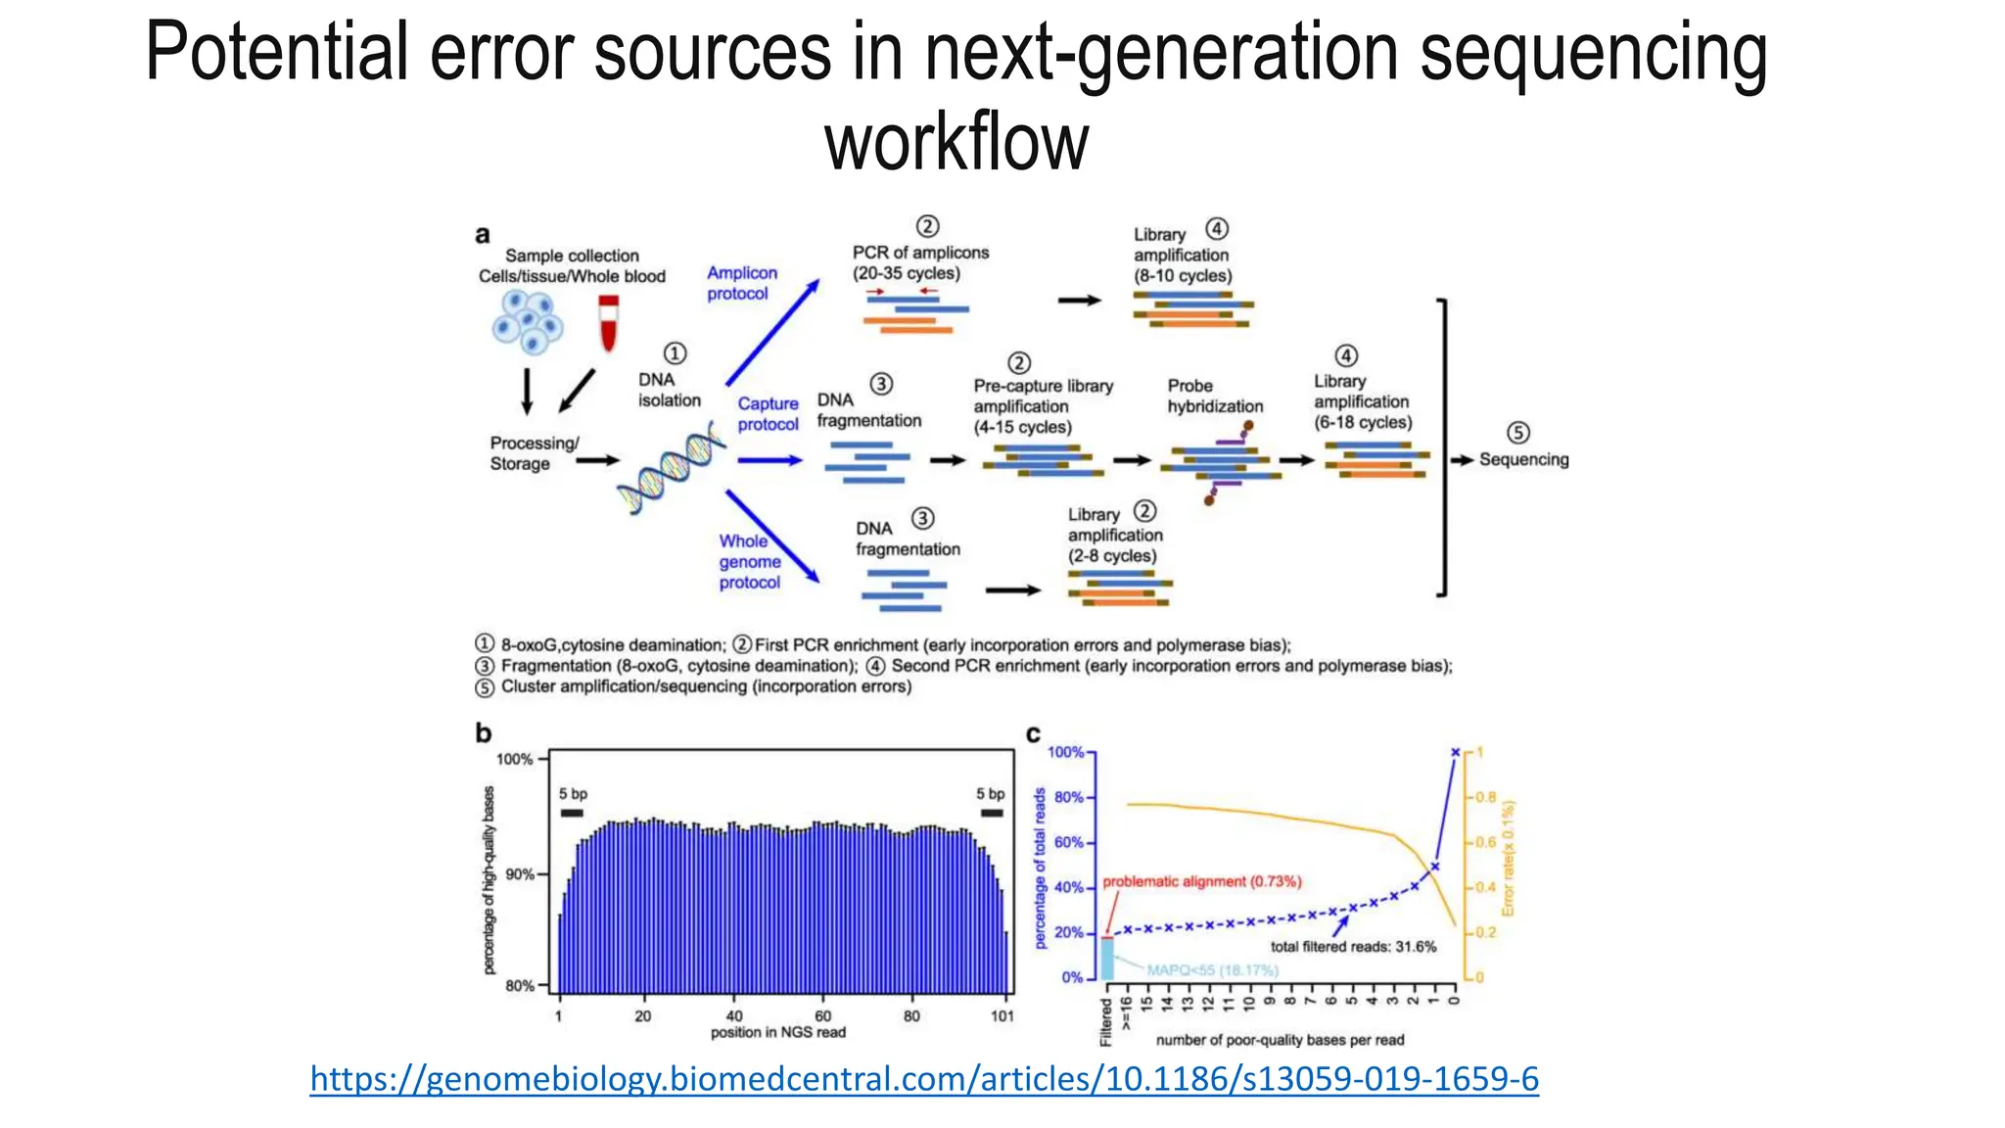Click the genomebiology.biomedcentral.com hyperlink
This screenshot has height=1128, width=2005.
pyautogui.click(x=924, y=1079)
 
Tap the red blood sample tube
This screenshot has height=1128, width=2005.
pyautogui.click(x=609, y=324)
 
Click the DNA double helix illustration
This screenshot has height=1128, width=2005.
pyautogui.click(x=672, y=469)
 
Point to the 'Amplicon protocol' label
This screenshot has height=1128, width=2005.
pyautogui.click(x=741, y=283)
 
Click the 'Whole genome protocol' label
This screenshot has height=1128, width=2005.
pyautogui.click(x=749, y=561)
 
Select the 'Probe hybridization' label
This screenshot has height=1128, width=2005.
pyautogui.click(x=1214, y=396)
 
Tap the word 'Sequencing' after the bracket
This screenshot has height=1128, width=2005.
pyautogui.click(x=1523, y=459)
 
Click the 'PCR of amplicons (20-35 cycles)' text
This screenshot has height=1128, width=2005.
pyautogui.click(x=919, y=262)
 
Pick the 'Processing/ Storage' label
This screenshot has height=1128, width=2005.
pyautogui.click(x=534, y=453)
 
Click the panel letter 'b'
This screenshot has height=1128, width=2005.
pyautogui.click(x=483, y=732)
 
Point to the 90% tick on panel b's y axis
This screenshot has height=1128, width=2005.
pyautogui.click(x=519, y=874)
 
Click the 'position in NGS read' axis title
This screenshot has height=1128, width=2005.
pyautogui.click(x=777, y=1032)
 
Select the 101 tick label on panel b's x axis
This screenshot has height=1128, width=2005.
pyautogui.click(x=1002, y=1016)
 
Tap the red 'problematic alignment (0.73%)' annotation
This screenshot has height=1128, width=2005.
pyautogui.click(x=1201, y=881)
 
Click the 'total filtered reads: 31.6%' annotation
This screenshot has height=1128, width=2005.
pyautogui.click(x=1353, y=947)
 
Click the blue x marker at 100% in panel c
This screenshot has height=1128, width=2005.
pyautogui.click(x=1455, y=752)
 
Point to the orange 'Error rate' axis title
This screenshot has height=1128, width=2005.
pyautogui.click(x=1508, y=858)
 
